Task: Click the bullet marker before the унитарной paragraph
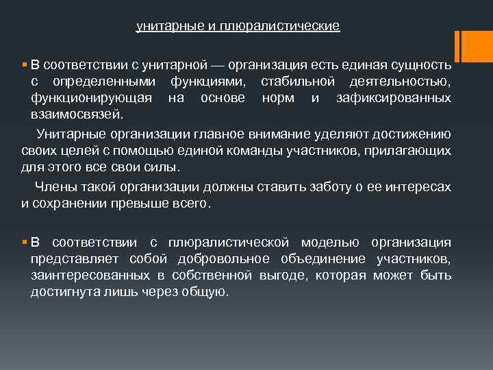coord(25,66)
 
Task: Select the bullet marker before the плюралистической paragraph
coord(25,243)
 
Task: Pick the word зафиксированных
coord(394,98)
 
